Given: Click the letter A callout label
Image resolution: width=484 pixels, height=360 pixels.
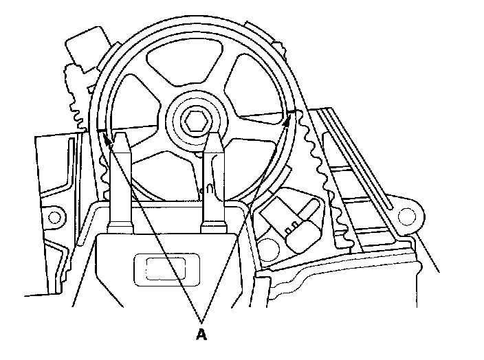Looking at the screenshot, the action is (202, 336).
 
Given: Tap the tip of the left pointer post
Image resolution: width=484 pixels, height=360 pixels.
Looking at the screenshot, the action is (120, 137).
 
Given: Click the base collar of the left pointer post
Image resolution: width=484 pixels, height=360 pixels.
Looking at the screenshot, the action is (121, 223).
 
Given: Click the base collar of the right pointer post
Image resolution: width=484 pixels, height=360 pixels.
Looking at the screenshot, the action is (212, 223).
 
